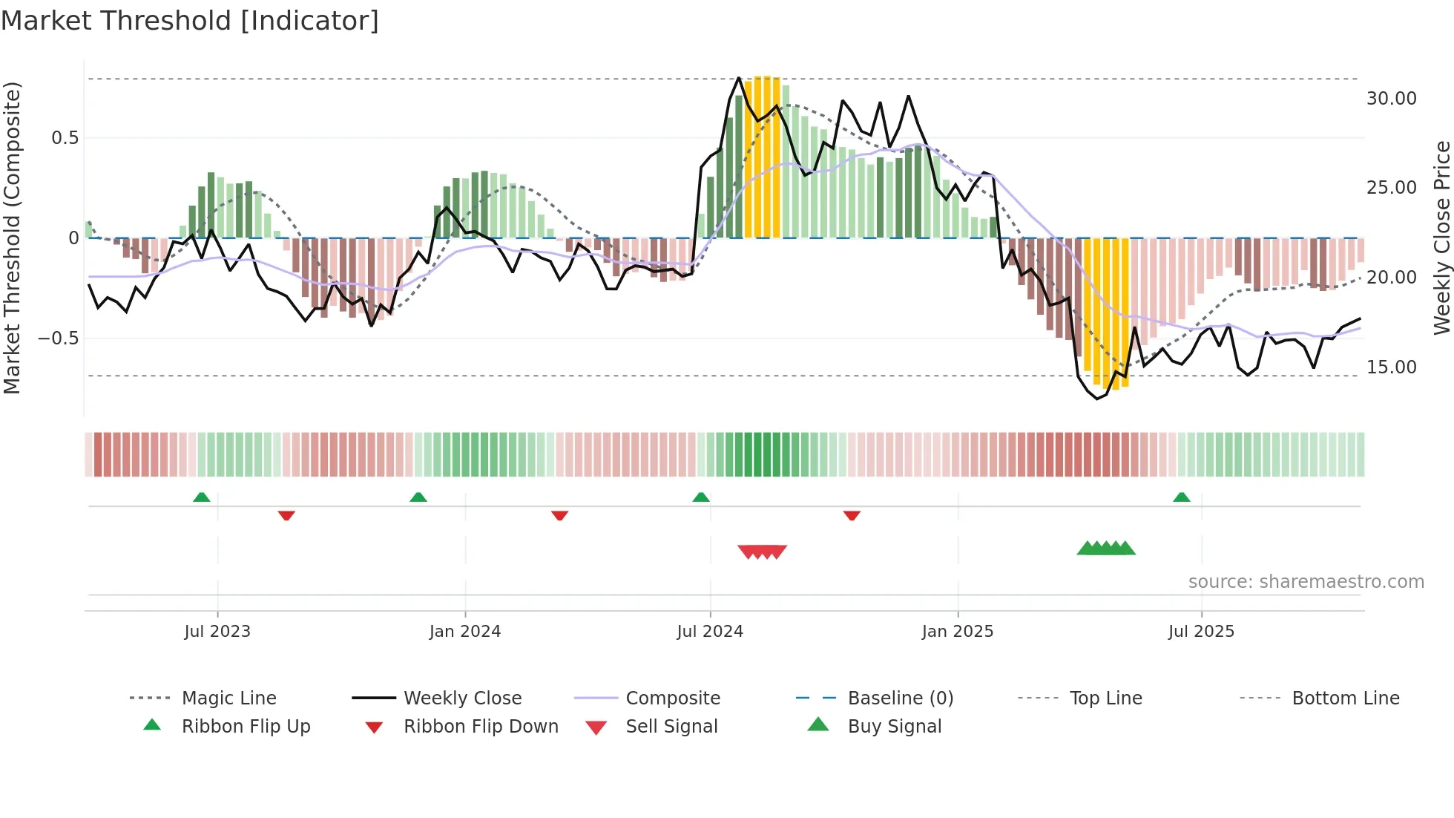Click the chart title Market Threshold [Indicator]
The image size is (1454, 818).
coord(190,21)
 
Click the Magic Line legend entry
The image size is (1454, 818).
coord(228,698)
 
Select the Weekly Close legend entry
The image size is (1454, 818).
coord(462,698)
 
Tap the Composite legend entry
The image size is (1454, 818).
coord(672,698)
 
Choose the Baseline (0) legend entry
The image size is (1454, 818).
coord(900,698)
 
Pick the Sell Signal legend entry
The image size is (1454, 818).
coord(671,726)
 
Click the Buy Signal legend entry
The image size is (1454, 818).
coord(894,726)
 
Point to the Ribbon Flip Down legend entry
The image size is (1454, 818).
coord(480,726)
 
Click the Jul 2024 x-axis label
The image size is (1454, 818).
coord(709,631)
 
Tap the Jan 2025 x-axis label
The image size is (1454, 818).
coord(957,631)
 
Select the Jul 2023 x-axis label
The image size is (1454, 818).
coord(217,631)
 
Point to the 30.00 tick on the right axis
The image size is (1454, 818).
coord(1391,98)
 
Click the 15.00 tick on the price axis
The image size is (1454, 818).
coord(1391,367)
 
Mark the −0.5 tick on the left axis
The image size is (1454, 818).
coord(58,338)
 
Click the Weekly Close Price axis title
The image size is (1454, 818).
coord(1441,238)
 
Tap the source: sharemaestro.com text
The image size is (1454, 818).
coord(1306,581)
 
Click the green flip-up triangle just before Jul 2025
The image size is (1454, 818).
coord(1181,497)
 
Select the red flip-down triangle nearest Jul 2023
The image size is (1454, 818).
coord(286,515)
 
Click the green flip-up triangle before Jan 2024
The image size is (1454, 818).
coord(418,497)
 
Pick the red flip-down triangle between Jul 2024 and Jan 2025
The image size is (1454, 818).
coord(852,515)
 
